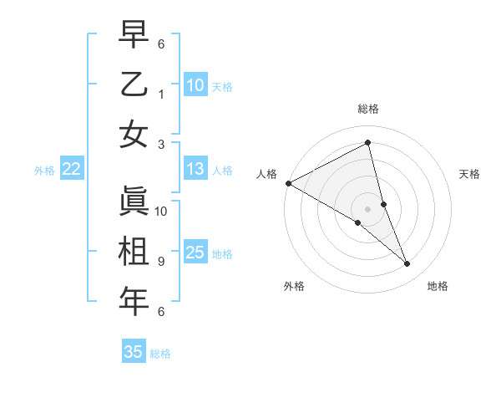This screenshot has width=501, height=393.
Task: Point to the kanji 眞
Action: (x=134, y=201)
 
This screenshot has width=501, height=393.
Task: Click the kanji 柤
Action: (x=134, y=251)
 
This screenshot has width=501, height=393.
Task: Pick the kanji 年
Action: (x=134, y=301)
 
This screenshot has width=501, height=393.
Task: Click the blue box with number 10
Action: (x=195, y=85)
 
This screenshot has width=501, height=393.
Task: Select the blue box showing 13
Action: (x=195, y=170)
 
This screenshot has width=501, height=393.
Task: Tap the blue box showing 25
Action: (x=195, y=253)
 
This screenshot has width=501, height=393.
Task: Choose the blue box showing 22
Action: (x=71, y=170)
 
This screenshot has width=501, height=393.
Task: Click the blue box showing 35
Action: (x=134, y=352)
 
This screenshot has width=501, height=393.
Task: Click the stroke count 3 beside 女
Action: (x=160, y=144)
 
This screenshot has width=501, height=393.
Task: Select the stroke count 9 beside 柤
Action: (x=160, y=262)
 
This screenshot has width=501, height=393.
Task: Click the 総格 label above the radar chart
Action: (x=368, y=109)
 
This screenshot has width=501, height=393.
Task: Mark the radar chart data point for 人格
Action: (x=288, y=183)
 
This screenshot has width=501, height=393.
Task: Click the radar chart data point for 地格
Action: (x=407, y=264)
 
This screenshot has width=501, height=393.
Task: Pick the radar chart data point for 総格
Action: (x=368, y=143)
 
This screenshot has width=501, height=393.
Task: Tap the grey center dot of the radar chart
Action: (x=368, y=207)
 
